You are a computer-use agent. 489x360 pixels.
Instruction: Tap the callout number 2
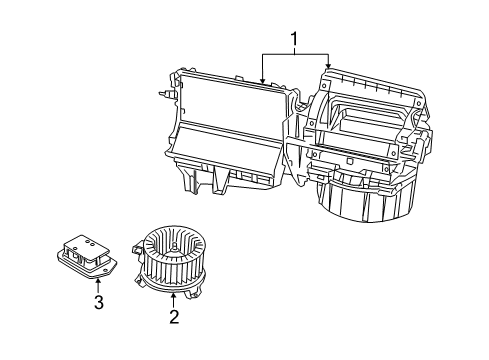click(174, 319)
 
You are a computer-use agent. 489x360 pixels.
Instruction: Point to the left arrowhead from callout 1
click(262, 79)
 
